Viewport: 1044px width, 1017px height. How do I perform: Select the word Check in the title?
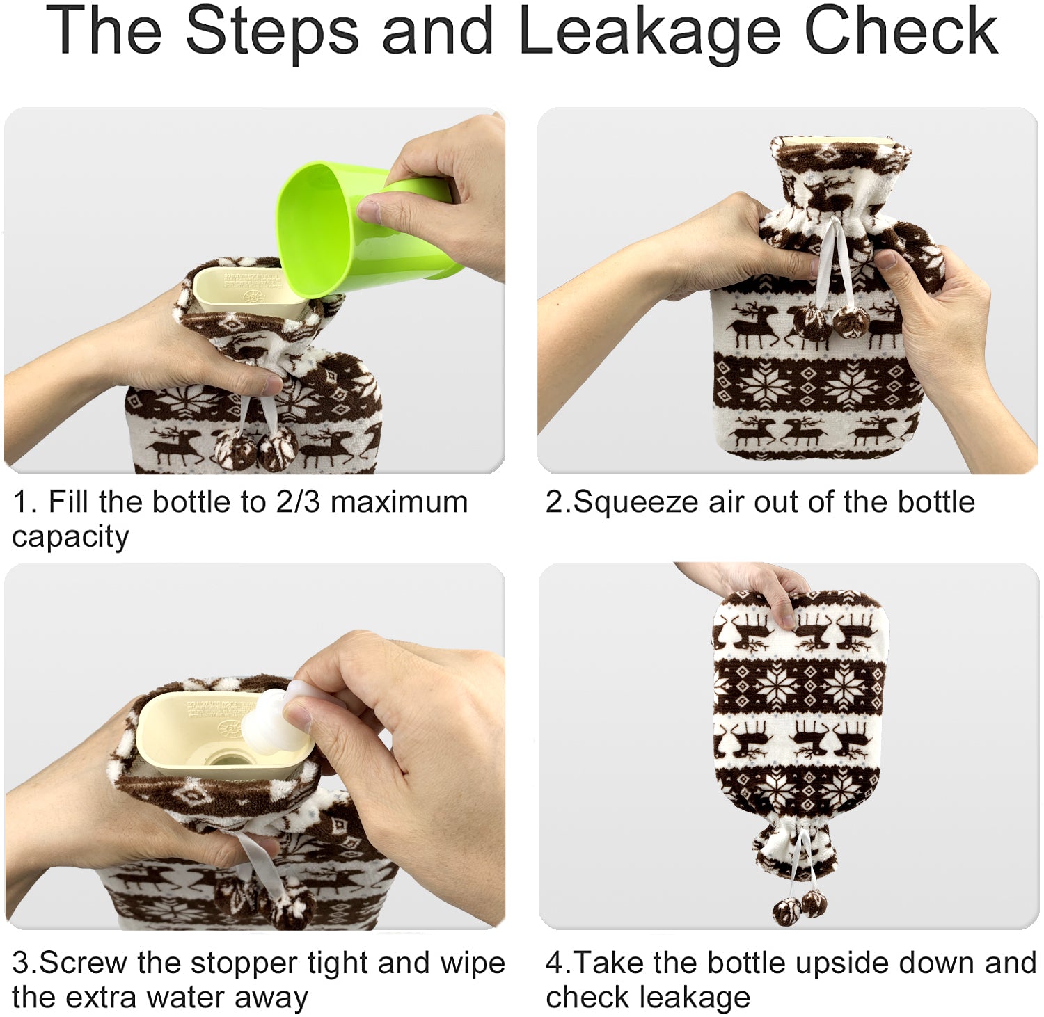[902, 31]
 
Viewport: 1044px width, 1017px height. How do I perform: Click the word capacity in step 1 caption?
[70, 538]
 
